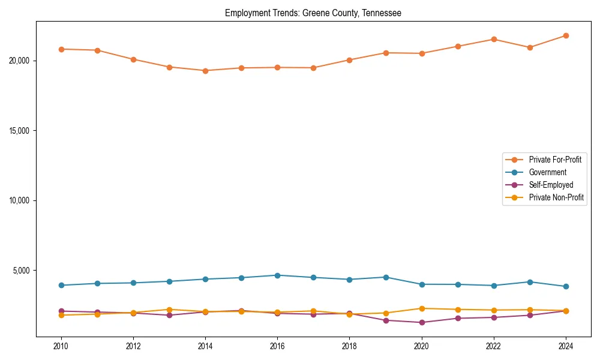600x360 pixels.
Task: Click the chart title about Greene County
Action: (313, 13)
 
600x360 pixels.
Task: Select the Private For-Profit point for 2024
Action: (566, 35)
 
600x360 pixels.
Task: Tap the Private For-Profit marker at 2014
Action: (205, 71)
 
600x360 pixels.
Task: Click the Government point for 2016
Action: (277, 275)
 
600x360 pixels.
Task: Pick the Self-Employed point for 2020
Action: (422, 322)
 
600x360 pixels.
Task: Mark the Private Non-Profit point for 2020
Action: (422, 308)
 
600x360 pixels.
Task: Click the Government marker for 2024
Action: (566, 286)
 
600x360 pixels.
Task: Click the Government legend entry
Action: (547, 172)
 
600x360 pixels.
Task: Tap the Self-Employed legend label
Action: (551, 185)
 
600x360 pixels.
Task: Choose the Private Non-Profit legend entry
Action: (556, 197)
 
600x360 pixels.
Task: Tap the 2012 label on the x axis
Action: (133, 346)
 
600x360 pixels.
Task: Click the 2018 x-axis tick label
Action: (349, 346)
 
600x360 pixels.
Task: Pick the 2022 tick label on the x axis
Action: (494, 346)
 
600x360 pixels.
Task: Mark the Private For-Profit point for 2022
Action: (494, 39)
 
